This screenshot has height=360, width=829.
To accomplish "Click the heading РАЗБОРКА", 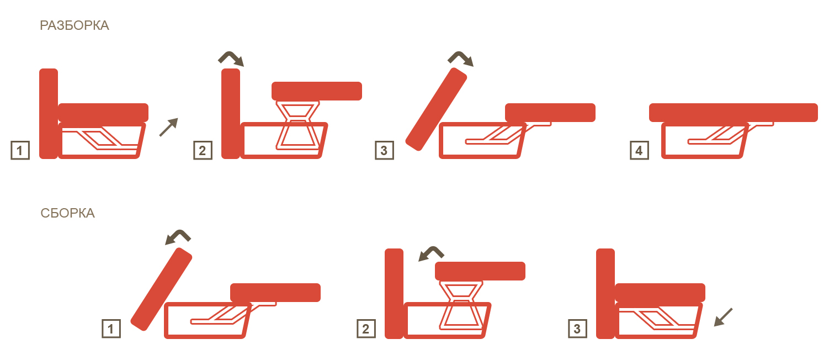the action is (x=75, y=25).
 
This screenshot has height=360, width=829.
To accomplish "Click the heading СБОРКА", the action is (x=68, y=213).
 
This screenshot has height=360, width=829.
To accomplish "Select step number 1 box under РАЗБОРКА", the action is (x=20, y=150).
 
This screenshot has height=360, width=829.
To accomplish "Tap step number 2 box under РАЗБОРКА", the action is (x=203, y=150).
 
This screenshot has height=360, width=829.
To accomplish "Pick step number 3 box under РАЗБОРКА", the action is (x=385, y=150).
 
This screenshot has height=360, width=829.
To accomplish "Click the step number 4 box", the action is (x=640, y=150).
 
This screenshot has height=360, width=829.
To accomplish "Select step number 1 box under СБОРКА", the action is (x=111, y=329).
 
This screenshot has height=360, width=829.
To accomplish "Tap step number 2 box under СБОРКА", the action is (x=366, y=329).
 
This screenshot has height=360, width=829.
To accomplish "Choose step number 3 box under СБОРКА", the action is (x=578, y=329).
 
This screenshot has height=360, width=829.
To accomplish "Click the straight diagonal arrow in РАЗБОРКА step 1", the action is (x=169, y=128).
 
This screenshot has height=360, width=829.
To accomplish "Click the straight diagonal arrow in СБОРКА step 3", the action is (x=723, y=317).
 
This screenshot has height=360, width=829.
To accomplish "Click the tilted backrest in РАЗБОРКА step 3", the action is (x=437, y=109).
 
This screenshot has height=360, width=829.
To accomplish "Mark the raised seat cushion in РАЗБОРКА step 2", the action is (x=317, y=91).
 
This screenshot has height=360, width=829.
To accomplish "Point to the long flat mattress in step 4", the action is (x=734, y=113).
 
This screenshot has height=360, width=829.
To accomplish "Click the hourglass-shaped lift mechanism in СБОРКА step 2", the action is (x=461, y=305).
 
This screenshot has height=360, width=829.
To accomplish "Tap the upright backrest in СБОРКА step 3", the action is (x=605, y=294).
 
